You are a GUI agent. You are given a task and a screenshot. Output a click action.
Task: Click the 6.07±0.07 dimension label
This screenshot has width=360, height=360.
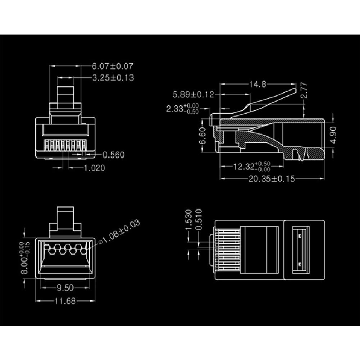click(x=113, y=66)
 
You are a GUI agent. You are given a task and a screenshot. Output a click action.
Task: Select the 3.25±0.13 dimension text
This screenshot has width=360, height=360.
click(x=113, y=78)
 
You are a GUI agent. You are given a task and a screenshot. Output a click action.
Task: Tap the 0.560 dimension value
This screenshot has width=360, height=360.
click(x=113, y=155)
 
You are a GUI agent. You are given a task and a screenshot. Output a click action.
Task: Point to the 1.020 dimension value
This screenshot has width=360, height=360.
click(x=94, y=168)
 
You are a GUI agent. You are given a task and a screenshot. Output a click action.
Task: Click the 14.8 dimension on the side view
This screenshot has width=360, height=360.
click(x=258, y=85)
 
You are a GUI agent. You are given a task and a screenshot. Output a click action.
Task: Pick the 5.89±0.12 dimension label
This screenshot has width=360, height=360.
click(x=193, y=95)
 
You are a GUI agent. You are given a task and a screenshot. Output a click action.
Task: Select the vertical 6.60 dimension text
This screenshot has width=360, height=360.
click(x=202, y=136)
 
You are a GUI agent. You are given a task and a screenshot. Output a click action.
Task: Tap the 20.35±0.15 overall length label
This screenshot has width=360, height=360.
click(x=272, y=179)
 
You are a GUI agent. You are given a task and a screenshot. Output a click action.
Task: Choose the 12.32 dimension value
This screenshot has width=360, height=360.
click(x=244, y=167)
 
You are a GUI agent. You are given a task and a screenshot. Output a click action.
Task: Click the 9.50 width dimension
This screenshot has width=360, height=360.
click(x=65, y=288)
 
